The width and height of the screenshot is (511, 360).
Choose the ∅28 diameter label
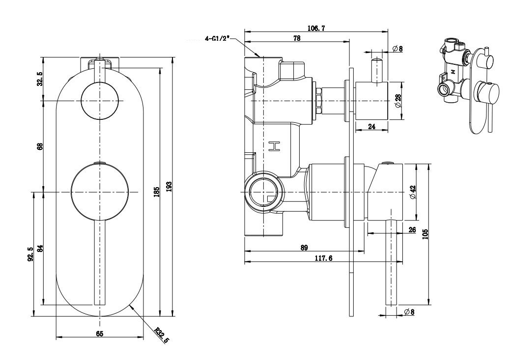click(398, 101)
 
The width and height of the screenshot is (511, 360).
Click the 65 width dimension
click(99, 334)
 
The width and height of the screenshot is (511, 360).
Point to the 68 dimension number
click(41, 146)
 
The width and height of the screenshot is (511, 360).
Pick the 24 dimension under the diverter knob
click(371, 127)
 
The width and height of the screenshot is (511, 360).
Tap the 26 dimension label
click(411, 229)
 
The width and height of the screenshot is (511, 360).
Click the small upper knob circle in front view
click(100, 101)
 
